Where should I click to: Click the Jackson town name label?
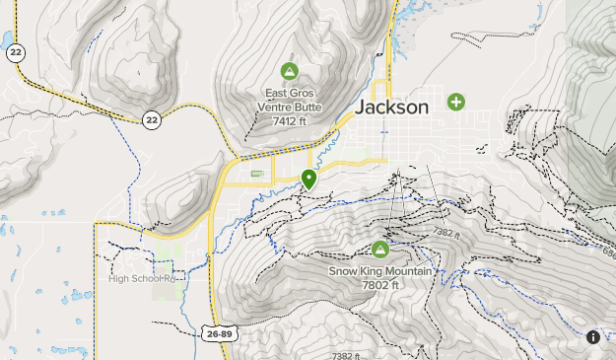pos(392,107)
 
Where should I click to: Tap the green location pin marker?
pos(309,179)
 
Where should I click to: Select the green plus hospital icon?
pos(455,102)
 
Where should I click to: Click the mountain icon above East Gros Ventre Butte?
pos(289,71)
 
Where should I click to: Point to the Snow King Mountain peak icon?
pos(380,250)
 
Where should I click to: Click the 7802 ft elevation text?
pos(380,285)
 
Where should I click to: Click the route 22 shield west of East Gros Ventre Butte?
pos(151,119)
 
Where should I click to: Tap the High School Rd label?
pos(140,278)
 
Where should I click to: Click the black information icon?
pos(593,337)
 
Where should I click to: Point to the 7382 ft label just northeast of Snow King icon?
pos(446,233)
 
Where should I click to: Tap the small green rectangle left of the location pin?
pos(257,175)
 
